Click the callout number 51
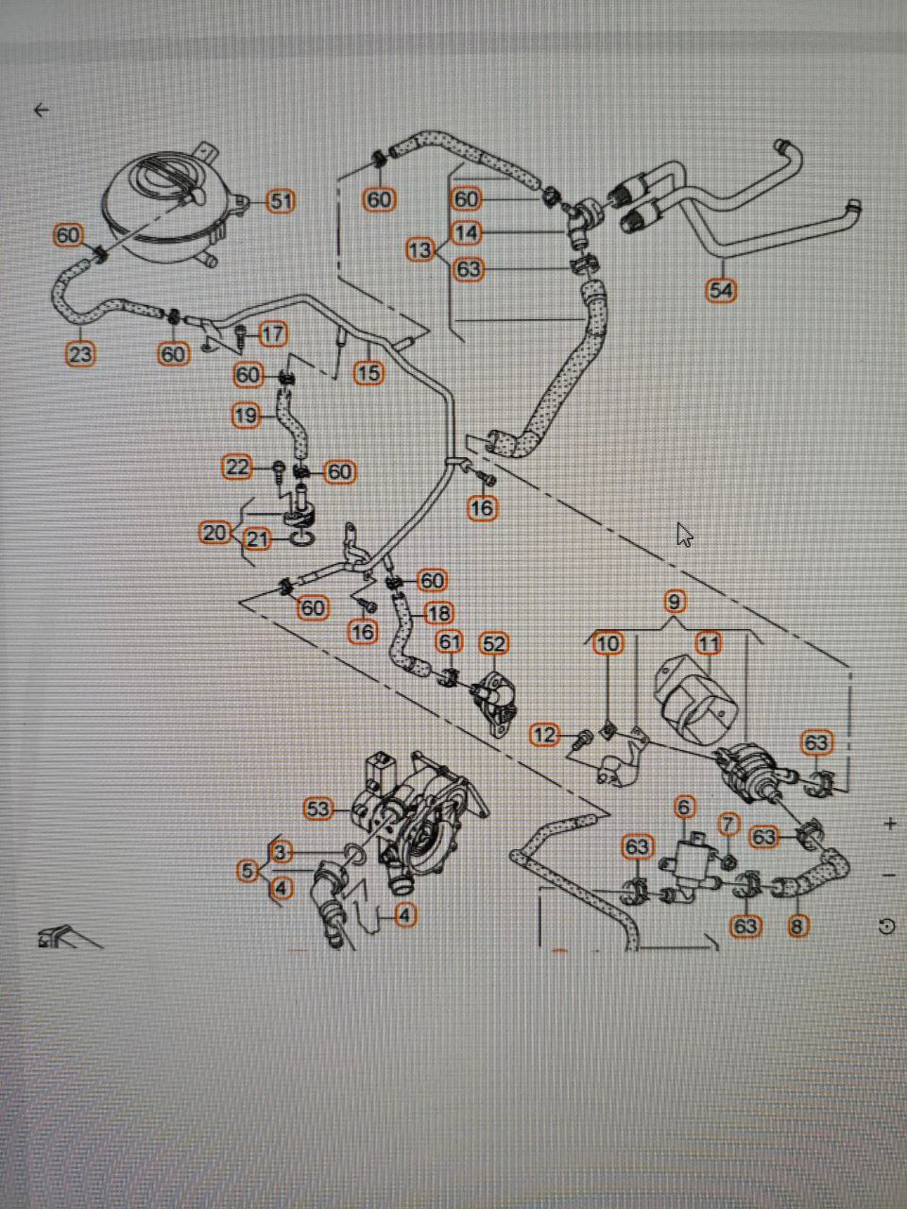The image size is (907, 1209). pos(281,201)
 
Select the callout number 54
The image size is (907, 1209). pos(721,290)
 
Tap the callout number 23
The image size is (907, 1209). pos(80,354)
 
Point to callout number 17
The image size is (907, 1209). pos(273,333)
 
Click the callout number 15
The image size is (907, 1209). pos(368,373)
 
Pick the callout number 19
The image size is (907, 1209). pos(246,415)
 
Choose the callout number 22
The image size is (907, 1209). pos(237,467)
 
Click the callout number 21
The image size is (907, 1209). pos(258,539)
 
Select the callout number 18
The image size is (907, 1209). pos(439,614)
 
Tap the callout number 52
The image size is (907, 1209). pos(494,644)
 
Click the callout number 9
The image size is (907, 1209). pos(675,601)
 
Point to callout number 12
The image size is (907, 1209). pos(545,734)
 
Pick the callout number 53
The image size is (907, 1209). pos(319,809)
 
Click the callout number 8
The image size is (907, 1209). pos(797,926)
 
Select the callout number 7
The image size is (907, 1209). pos(727,824)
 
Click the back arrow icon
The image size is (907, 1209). pos(41,111)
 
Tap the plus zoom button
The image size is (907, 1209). pos(890,824)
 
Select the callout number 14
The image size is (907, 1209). pos(467,232)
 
